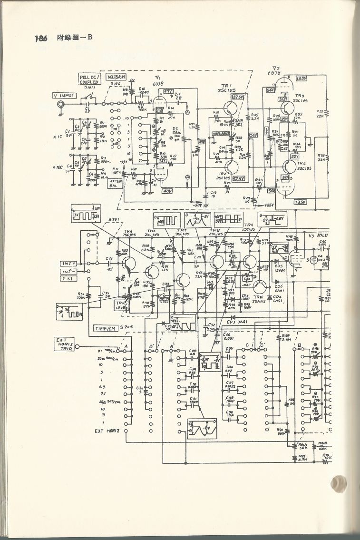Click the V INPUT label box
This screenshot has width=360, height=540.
[64, 96]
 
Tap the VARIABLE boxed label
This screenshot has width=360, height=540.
[222, 134]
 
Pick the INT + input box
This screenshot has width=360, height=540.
[68, 263]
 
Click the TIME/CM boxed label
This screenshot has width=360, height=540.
[106, 328]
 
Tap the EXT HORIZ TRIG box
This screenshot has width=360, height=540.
[64, 344]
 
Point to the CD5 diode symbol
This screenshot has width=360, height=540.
[276, 261]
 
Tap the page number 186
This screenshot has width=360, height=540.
[42, 37]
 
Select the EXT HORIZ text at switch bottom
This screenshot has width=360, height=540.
[106, 431]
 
